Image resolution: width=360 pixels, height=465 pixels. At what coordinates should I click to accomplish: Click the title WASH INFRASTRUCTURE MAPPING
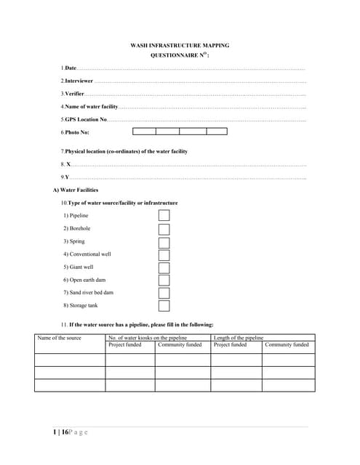pos(180,45)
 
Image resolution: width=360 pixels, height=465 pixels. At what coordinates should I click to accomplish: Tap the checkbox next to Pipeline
pos(164,216)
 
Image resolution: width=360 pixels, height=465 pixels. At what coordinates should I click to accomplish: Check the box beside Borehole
pos(164,229)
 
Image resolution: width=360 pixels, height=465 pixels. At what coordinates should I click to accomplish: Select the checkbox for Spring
pos(164,242)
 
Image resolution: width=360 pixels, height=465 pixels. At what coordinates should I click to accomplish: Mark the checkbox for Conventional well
pos(164,255)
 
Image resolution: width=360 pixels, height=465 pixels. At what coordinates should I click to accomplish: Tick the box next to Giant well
pos(164,267)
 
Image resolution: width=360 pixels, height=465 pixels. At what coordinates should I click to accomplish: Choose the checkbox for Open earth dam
pos(164,280)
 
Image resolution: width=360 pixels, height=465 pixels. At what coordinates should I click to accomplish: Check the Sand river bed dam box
pos(164,293)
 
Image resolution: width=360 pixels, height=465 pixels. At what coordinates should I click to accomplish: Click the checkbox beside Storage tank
pos(164,306)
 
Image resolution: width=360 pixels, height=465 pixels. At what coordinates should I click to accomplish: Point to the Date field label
pos(71,68)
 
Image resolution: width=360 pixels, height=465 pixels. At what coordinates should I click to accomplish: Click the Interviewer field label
pos(79,81)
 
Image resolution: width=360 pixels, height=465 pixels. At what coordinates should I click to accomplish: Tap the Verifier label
pos(74,94)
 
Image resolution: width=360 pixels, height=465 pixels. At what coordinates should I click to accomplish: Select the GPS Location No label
pos(85,119)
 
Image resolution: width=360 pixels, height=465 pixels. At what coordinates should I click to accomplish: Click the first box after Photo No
pos(144,132)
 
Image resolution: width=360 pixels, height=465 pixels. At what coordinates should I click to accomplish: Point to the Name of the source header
pos(60,338)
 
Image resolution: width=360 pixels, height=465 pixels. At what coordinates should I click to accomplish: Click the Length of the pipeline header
pos(238,338)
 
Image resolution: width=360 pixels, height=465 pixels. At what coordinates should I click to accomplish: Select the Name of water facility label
pos(91,107)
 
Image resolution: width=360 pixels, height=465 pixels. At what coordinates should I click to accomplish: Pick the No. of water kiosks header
pos(148,338)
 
